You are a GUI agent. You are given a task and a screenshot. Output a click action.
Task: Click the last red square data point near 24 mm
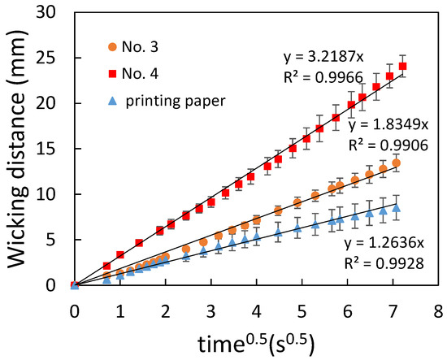[402, 66]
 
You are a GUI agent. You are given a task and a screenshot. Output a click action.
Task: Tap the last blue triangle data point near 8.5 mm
[396, 207]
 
